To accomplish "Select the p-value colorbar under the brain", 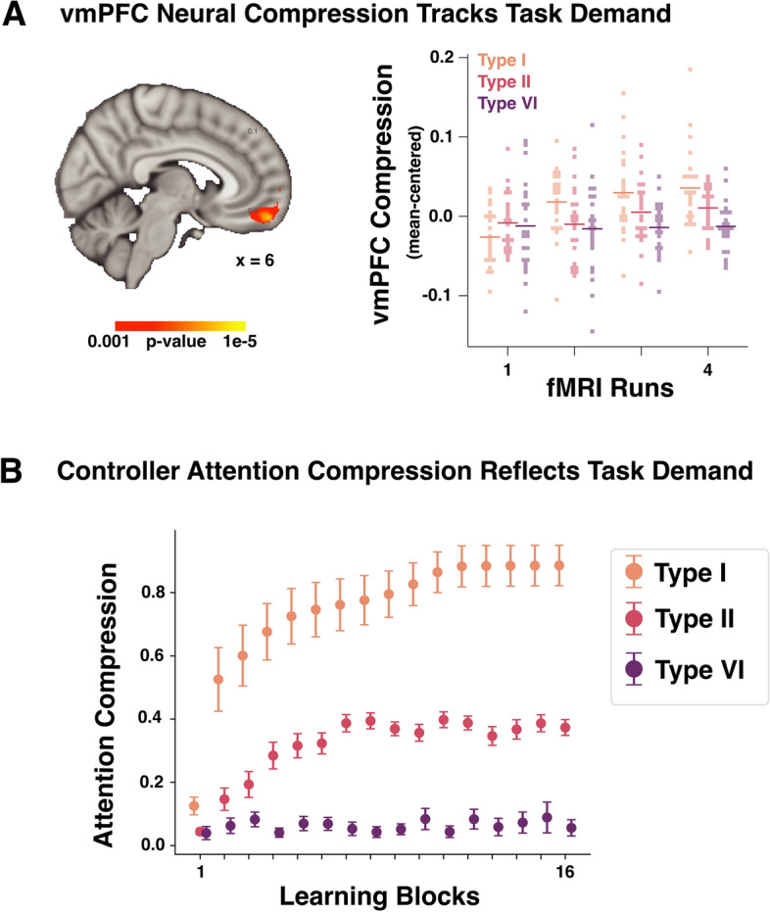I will pos(180,326).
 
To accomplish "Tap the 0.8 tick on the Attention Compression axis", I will pos(152,593).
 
